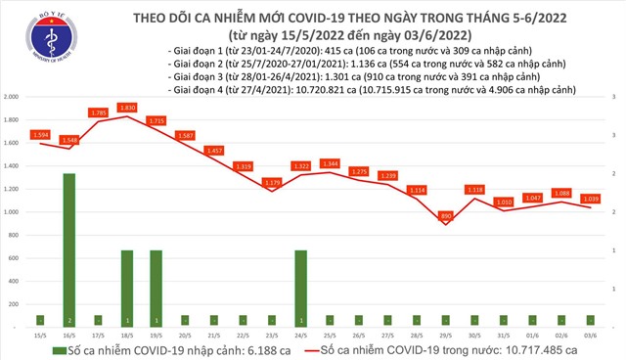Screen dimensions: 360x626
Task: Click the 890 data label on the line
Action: coord(446,215)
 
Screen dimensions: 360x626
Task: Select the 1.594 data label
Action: coord(41,134)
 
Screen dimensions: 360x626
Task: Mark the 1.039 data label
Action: coord(591,198)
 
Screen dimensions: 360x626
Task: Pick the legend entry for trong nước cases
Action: coord(440,348)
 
